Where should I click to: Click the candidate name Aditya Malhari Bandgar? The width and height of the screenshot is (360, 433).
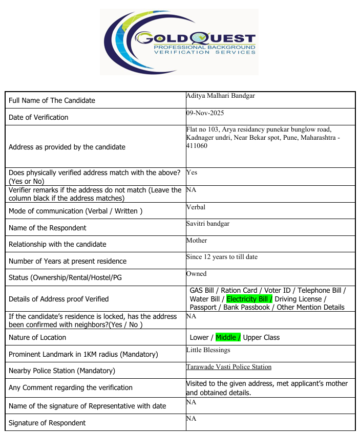[x=220, y=96]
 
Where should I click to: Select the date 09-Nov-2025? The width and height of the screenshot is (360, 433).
[x=205, y=113]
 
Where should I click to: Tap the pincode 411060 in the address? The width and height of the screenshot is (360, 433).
[x=197, y=146]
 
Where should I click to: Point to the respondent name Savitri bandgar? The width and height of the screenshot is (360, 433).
[x=208, y=224]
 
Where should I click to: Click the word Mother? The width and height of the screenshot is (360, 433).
[x=197, y=240]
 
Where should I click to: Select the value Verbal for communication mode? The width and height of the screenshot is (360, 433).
[x=196, y=207]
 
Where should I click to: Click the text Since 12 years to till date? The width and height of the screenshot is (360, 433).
[x=222, y=257]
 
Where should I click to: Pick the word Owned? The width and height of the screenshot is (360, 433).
[x=197, y=274]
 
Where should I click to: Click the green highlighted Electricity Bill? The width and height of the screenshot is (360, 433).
[x=249, y=299]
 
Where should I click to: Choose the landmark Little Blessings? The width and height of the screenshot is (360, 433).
[x=208, y=350]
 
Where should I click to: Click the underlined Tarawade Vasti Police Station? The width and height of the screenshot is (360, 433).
[x=229, y=367]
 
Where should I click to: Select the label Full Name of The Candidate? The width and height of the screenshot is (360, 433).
[x=52, y=100]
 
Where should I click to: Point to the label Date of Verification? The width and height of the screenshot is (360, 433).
[x=38, y=117]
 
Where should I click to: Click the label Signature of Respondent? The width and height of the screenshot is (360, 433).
[x=47, y=423]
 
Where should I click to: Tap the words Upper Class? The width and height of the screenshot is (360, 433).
[x=261, y=337]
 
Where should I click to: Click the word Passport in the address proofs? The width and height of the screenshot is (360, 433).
[x=203, y=307]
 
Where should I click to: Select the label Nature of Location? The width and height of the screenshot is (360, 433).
[x=37, y=337]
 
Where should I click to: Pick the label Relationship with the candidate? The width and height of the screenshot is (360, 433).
[x=57, y=244]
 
